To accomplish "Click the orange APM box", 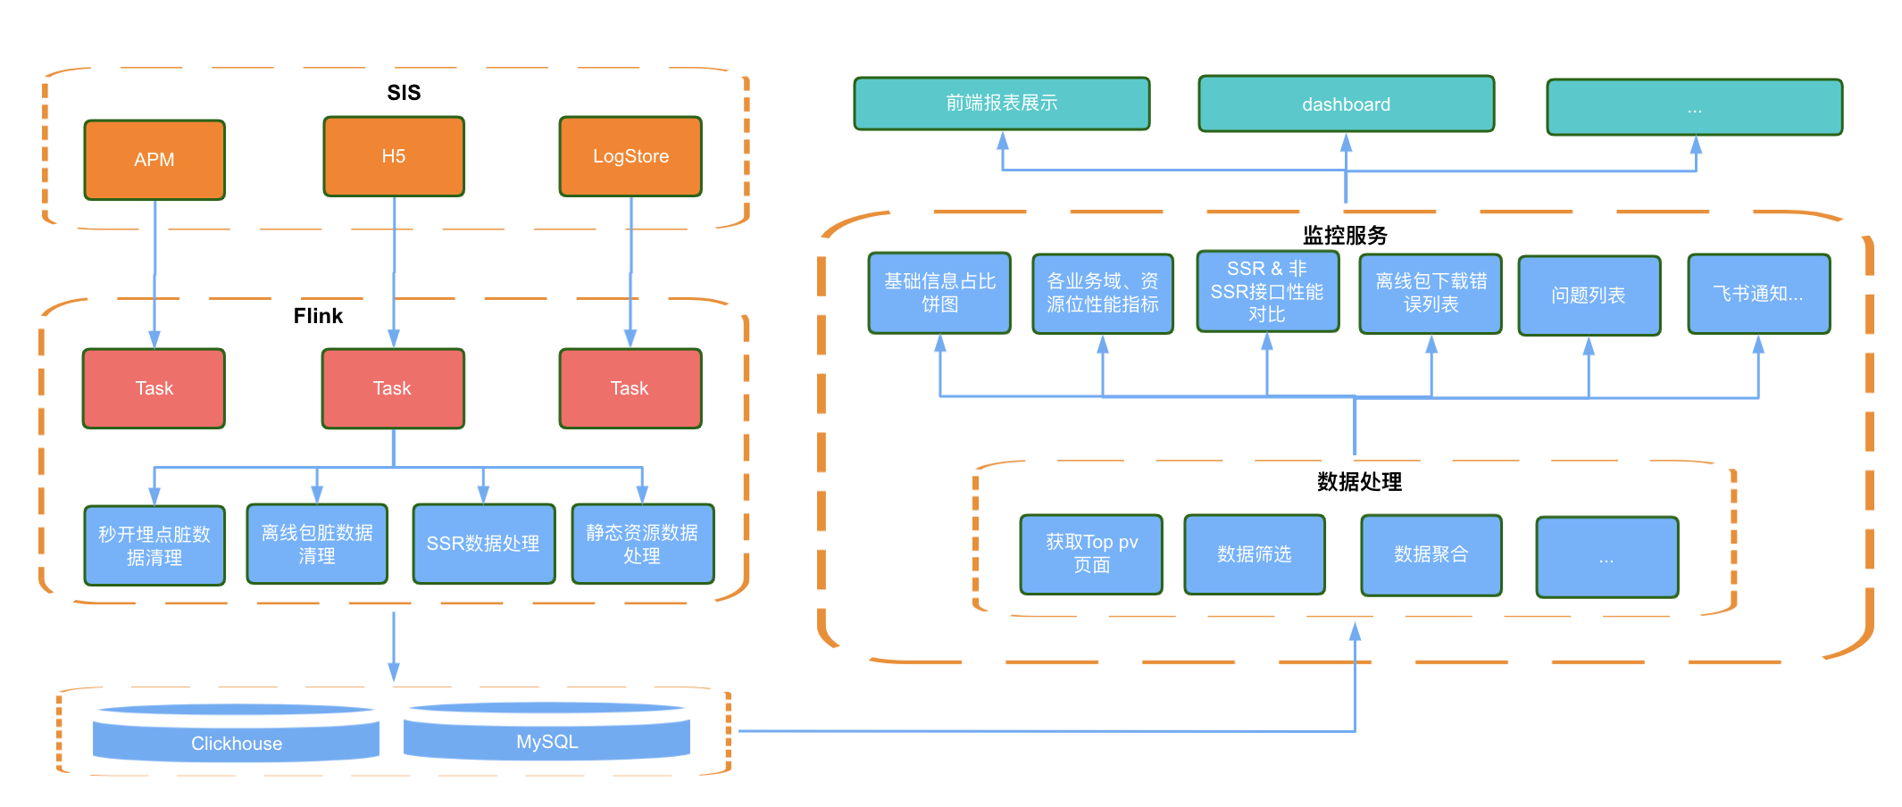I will click(154, 160).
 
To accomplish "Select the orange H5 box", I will click(394, 156).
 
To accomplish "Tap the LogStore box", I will click(630, 156).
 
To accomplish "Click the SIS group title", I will click(404, 93).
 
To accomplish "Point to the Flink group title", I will click(318, 316).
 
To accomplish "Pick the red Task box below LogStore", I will click(630, 388).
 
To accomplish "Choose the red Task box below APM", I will click(154, 388).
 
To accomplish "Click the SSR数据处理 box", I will click(483, 544).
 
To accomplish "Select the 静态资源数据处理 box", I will click(642, 544).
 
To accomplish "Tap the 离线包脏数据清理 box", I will click(317, 544).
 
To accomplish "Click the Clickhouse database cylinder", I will click(237, 736).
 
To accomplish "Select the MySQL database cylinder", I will click(546, 735).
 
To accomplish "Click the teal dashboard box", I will click(1346, 104).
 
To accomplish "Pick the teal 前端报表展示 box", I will click(1001, 104).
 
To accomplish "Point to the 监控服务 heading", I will click(1345, 236).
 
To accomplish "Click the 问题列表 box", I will click(1589, 295).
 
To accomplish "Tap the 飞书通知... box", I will click(1758, 294).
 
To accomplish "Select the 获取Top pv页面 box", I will click(1091, 553).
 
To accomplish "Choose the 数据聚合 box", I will click(1431, 554).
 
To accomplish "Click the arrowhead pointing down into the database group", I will click(394, 671).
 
